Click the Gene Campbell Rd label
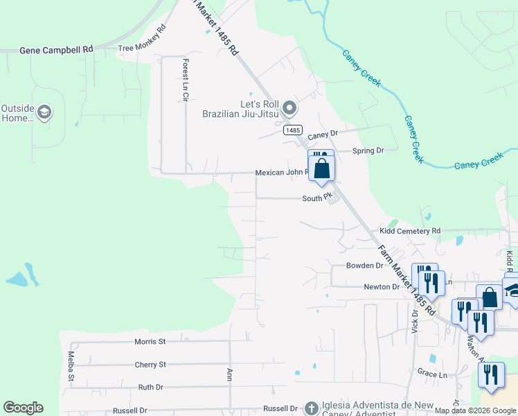pyautogui.click(x=57, y=50)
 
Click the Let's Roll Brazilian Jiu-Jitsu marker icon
pyautogui.click(x=289, y=108)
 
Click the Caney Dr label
pyautogui.click(x=322, y=134)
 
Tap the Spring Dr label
pyautogui.click(x=368, y=150)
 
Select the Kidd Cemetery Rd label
pyautogui.click(x=410, y=231)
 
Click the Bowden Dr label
pyautogui.click(x=365, y=266)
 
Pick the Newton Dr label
pyautogui.click(x=382, y=286)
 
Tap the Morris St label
pyautogui.click(x=150, y=342)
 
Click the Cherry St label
pyautogui.click(x=150, y=364)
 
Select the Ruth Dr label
pyautogui.click(x=150, y=387)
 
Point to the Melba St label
pyautogui.click(x=71, y=365)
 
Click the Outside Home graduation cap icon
pyautogui.click(x=44, y=113)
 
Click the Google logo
pyautogui.click(x=23, y=408)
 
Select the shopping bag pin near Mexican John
pyautogui.click(x=322, y=168)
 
